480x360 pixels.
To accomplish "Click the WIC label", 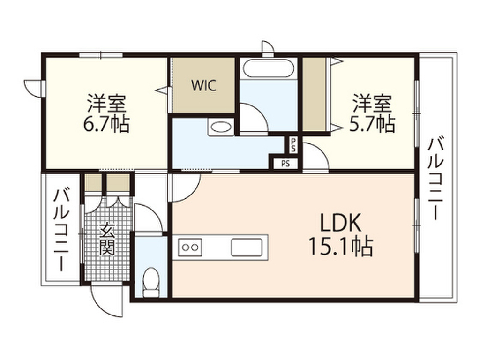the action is tap(204, 85).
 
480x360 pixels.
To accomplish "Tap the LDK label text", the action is tap(340, 223).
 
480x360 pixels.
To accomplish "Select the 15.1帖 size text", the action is tap(340, 246).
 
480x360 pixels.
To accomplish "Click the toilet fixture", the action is tap(151, 282).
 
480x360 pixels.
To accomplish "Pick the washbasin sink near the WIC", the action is tap(220, 127).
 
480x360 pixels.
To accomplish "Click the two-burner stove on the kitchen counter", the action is tap(190, 247).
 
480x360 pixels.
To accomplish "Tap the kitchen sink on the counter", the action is tap(247, 247).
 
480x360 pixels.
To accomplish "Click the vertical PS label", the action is tap(293, 145).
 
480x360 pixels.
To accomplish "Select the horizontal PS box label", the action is tap(285, 164).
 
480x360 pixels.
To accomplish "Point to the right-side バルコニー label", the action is tap(435, 179).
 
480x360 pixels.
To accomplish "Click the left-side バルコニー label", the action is tap(61, 230).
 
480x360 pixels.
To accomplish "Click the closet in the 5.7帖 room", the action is tap(315, 95).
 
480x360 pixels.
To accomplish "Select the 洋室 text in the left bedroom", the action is tap(106, 103).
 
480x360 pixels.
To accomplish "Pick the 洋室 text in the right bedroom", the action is tap(372, 103).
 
